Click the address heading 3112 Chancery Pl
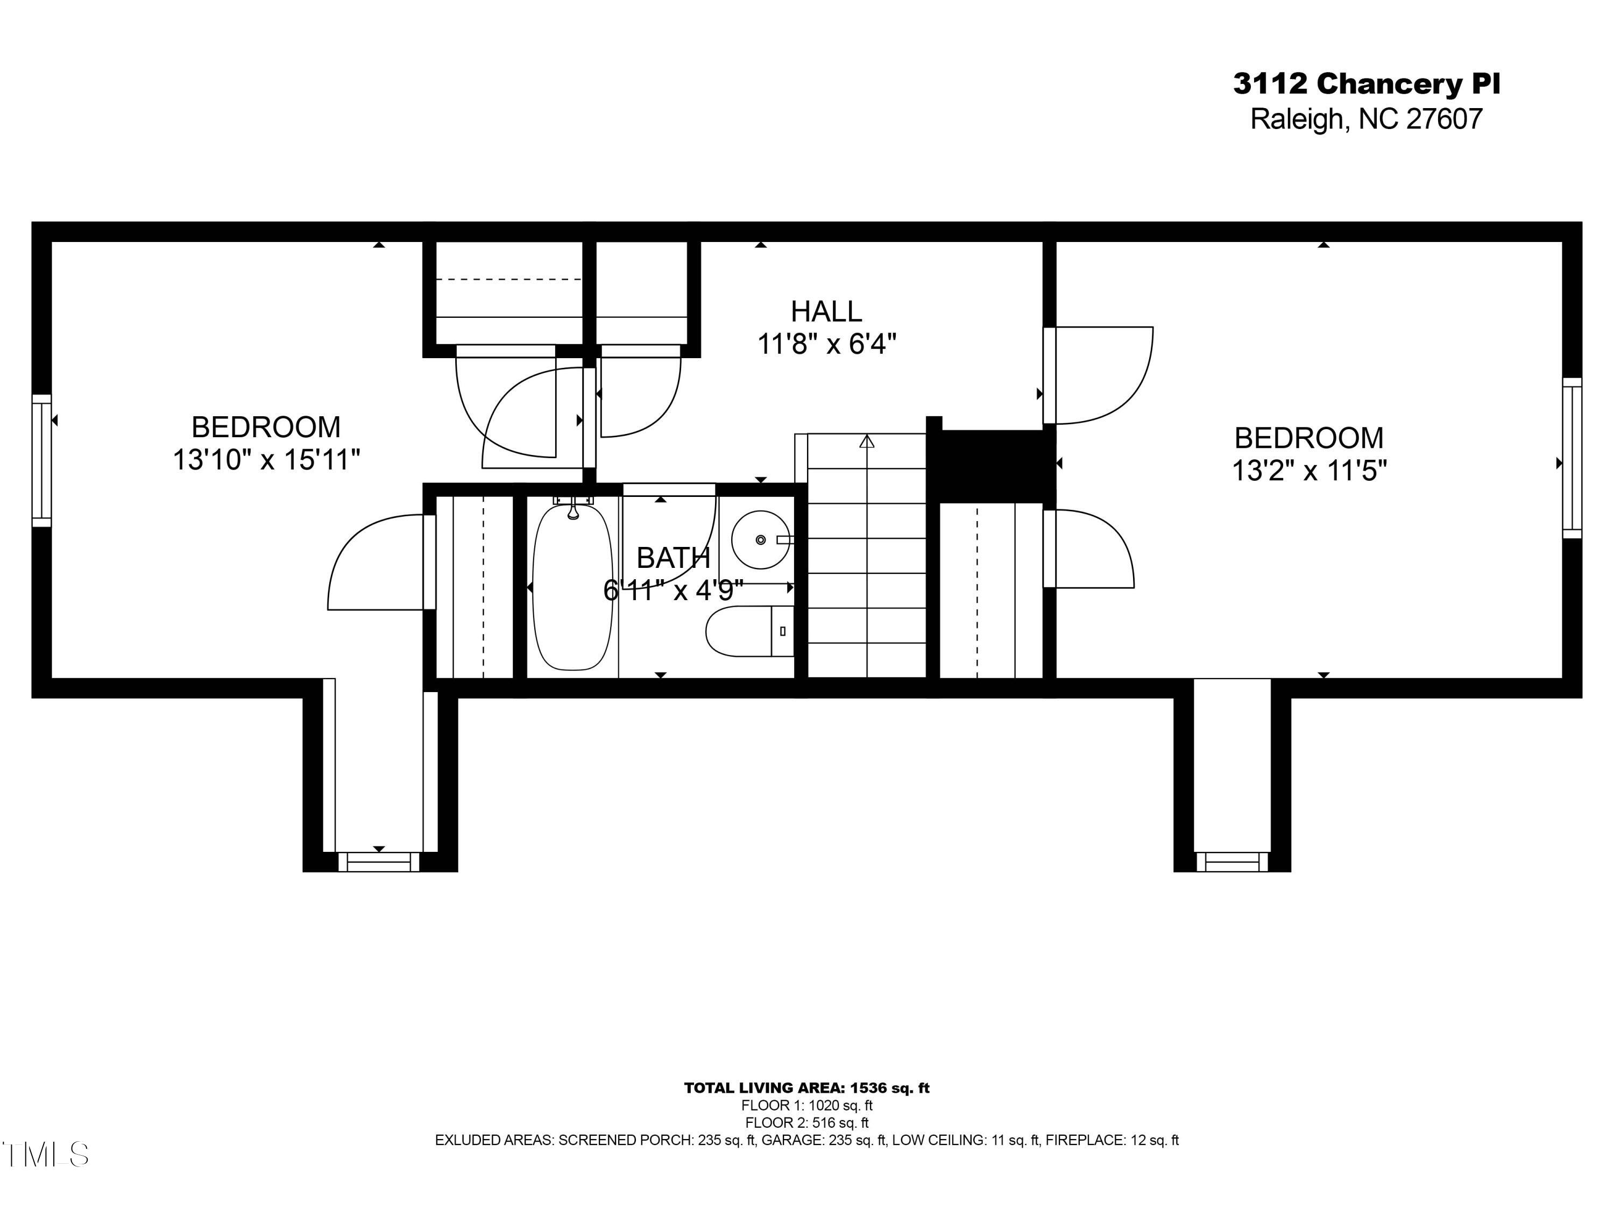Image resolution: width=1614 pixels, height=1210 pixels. pos(1366,84)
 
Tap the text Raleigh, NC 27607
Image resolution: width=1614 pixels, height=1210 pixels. pos(1366,119)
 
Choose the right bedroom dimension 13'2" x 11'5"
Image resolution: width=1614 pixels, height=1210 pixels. pos(1309,471)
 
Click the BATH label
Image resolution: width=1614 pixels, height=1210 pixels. pos(672,558)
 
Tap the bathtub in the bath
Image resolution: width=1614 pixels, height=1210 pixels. pos(573,587)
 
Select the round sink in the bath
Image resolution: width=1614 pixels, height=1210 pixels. pos(760,540)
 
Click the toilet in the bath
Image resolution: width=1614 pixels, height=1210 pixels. pos(748,631)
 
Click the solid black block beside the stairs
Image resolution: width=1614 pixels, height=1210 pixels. pos(992,465)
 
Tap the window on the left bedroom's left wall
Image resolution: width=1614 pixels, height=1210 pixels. pos(41,460)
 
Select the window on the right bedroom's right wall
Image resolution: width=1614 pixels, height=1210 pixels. pos(1571,458)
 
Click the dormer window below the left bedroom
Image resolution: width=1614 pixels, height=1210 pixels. pos(379,862)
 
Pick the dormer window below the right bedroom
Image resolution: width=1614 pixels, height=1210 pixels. pos(1231,862)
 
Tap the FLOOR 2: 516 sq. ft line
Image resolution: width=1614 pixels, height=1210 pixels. pos(806,1122)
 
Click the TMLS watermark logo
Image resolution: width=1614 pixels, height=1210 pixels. pos(45,1155)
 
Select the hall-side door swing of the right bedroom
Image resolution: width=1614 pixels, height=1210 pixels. pos(1102,375)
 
